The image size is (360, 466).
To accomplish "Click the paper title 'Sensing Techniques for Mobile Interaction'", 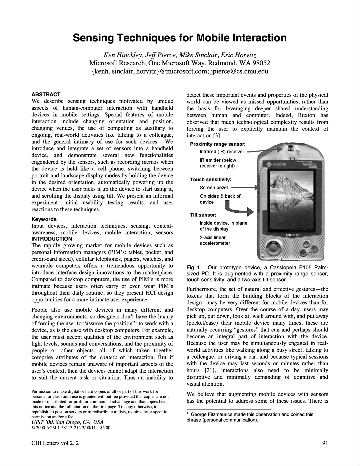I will pyautogui.click(x=180, y=38).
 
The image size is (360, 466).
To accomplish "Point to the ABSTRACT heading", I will pyautogui.click(x=46, y=94).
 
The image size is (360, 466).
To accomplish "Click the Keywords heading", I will pyautogui.click(x=44, y=219).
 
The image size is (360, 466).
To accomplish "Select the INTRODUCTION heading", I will pyautogui.click(x=51, y=239).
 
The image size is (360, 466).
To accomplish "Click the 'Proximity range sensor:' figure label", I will pyautogui.click(x=218, y=144).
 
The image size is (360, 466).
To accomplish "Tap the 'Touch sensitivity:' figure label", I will pyautogui.click(x=211, y=179).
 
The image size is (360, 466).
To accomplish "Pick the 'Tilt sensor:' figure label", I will pyautogui.click(x=203, y=215).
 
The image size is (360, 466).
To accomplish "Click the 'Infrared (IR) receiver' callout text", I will pyautogui.click(x=222, y=152).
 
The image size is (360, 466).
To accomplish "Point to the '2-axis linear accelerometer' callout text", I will pyautogui.click(x=215, y=240).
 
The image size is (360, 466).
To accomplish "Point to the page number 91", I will pyautogui.click(x=325, y=443).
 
